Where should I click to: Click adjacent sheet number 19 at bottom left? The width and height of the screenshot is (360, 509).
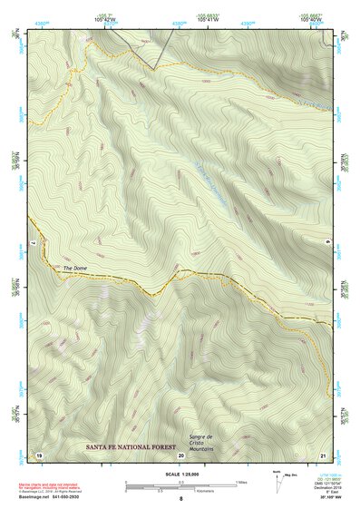tap(39, 453)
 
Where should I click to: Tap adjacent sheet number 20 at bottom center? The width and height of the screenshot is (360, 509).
tap(181, 454)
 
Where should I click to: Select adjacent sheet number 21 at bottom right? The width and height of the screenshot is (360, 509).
tap(324, 453)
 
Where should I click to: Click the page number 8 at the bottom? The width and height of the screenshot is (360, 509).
tap(181, 499)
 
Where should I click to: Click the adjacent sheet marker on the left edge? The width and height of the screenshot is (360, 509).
tap(32, 243)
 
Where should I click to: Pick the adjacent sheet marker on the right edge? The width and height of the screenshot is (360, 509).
tap(329, 240)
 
